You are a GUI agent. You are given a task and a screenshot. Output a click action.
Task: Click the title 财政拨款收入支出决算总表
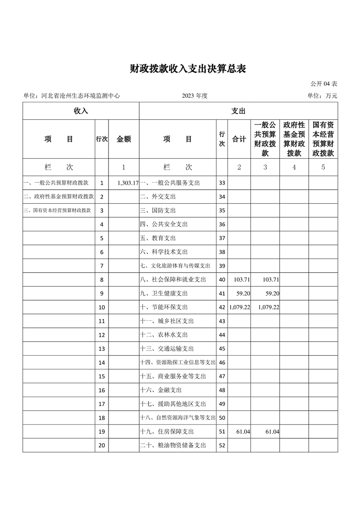coord(187,69)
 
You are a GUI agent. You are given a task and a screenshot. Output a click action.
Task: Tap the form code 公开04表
coord(323,84)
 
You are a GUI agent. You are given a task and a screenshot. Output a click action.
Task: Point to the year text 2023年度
coord(194,96)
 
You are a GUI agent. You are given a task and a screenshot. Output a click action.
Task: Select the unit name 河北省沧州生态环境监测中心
coord(80,96)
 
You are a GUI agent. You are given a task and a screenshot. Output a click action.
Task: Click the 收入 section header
coord(81,111)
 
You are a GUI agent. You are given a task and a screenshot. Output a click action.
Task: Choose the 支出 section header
coord(238,111)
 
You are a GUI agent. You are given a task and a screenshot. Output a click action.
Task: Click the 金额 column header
coord(123,139)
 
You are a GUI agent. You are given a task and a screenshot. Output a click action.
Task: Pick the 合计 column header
coord(239,139)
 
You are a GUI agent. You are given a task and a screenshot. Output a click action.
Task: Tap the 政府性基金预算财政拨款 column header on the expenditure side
coord(294,139)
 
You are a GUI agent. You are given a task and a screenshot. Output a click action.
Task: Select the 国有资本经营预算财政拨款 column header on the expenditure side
coord(323,139)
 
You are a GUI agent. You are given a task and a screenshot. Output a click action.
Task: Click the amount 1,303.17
coord(128,183)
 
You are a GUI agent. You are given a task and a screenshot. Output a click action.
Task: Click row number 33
coord(222,183)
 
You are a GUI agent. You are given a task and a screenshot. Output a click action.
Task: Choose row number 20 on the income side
coord(102,445)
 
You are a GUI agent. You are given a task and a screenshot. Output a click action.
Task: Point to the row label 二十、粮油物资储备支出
coord(173,445)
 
